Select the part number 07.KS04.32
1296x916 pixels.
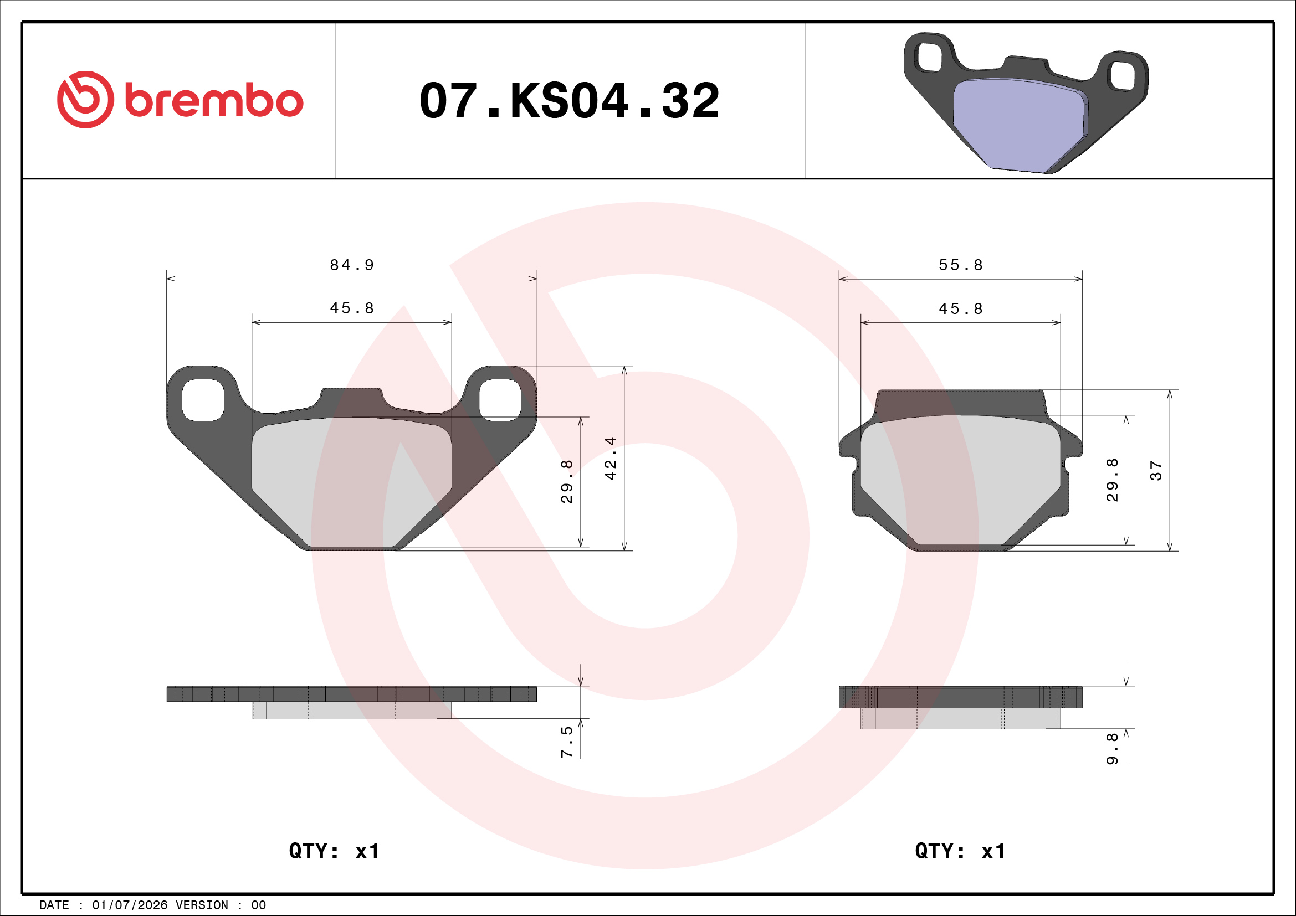570,101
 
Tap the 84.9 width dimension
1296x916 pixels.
352,265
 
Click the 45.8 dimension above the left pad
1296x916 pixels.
352,308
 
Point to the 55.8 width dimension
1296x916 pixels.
961,265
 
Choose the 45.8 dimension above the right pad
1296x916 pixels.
961,309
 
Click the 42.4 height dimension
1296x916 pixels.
610,458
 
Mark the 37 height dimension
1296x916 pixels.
1156,470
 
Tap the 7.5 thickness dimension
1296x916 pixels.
567,742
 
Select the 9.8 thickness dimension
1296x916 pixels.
1112,749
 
